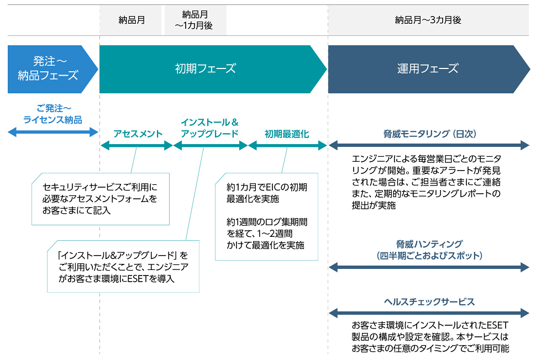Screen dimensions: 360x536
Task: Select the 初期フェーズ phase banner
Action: coord(206,69)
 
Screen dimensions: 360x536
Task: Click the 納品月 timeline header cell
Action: coord(132,20)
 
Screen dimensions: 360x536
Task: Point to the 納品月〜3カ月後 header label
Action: coord(428,20)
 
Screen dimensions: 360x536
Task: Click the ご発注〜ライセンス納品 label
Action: coord(52,114)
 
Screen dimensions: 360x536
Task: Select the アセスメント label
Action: coord(138,134)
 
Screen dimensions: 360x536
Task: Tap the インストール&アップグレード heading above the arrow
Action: coord(209,128)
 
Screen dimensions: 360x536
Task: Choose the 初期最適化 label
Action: coord(286,134)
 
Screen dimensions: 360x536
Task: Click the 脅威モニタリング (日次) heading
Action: coord(429,134)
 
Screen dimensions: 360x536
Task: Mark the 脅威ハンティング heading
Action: coord(429,250)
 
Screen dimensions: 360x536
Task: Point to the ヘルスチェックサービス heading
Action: coord(429,301)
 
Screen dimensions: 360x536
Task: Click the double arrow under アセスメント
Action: coord(137,146)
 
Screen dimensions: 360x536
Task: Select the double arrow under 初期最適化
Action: coord(287,146)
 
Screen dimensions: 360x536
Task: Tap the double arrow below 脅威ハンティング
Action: coord(429,268)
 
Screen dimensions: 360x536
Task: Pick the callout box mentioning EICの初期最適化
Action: coord(266,216)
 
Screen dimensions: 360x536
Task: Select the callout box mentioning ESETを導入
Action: coord(123,267)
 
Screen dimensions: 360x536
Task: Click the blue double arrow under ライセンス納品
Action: coord(52,132)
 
